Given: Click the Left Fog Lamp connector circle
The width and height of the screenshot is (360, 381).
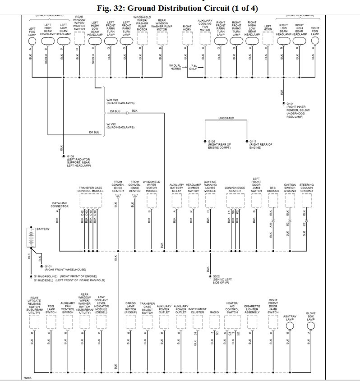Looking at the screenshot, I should coord(32,40).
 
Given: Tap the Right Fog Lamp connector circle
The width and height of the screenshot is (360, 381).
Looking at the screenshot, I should coord(314,40).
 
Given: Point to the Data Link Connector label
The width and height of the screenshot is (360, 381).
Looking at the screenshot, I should coord(60,205).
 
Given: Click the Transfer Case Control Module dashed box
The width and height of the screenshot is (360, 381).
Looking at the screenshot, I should coord(91,199).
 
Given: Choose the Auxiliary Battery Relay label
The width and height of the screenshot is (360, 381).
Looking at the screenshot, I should coord(176,188).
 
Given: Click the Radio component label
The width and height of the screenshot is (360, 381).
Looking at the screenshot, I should coord(214,311).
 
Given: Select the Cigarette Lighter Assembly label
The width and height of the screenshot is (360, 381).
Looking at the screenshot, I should coord(252,308).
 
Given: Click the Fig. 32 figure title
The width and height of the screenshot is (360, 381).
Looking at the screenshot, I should coord(180,9).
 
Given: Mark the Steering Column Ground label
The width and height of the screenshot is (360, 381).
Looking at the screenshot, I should coord(306,188).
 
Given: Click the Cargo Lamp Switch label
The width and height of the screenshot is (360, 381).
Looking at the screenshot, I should coord(131,308).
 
